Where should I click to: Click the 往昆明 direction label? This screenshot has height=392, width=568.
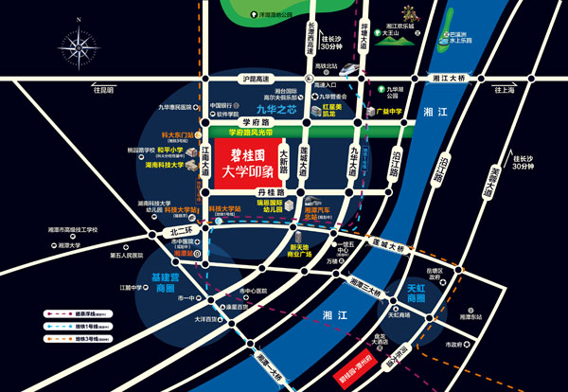click(102, 90)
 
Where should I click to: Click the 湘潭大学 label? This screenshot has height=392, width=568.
click(66, 244)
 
